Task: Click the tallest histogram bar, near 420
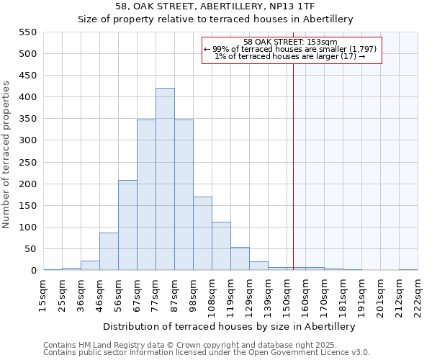click(165, 179)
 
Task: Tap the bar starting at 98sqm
click(202, 233)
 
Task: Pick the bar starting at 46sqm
click(109, 251)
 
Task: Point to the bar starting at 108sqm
click(221, 246)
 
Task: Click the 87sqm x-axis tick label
click(175, 294)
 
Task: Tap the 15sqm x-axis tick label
click(44, 294)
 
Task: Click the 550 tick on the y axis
click(27, 32)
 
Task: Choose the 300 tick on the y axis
click(27, 140)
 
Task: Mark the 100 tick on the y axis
click(27, 228)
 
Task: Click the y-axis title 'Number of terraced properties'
click(7, 155)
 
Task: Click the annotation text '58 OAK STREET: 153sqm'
click(290, 42)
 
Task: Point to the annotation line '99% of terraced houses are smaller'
click(290, 49)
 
